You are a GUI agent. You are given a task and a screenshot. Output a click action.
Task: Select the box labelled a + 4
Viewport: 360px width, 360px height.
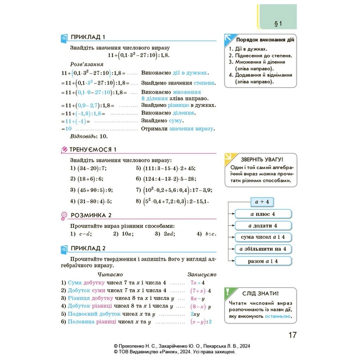click(x=263, y=201)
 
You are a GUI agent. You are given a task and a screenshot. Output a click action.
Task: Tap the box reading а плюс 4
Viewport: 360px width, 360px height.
click(x=263, y=214)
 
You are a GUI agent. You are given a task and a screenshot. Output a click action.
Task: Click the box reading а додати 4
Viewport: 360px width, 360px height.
click(x=263, y=225)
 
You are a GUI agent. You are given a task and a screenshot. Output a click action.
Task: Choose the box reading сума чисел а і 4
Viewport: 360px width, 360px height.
click(x=263, y=237)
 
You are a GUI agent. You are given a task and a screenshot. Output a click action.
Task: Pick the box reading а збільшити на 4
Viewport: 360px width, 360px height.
click(x=263, y=249)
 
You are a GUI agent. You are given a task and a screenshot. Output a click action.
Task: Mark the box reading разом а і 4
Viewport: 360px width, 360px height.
click(x=263, y=261)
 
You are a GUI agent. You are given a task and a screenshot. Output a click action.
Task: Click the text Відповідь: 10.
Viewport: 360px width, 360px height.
click(x=87, y=137)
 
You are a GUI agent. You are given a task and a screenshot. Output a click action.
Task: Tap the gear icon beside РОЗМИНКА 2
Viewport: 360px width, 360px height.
click(x=63, y=215)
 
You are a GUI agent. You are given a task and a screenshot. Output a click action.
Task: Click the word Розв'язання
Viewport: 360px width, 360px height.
click(x=86, y=65)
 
